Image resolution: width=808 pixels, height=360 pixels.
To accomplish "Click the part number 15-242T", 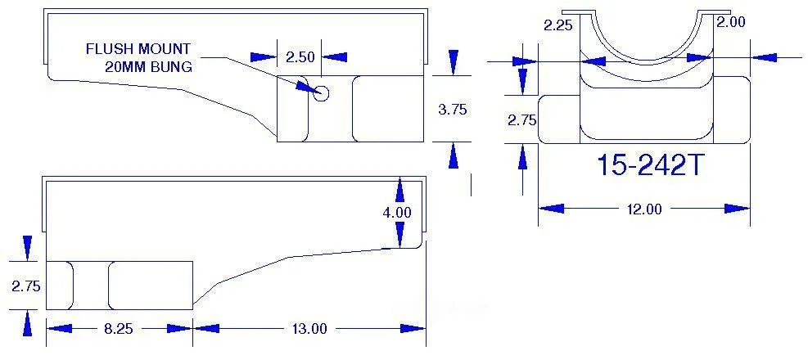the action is [650, 165].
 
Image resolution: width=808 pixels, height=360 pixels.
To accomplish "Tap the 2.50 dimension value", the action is [300, 56].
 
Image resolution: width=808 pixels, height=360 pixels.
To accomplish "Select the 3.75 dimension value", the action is [453, 109].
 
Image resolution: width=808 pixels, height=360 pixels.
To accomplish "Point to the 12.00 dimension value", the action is [643, 209].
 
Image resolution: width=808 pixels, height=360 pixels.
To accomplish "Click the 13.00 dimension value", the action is [310, 329].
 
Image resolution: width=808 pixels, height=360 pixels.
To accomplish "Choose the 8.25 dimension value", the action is [119, 329].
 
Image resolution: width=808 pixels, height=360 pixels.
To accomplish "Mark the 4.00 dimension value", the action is [397, 212].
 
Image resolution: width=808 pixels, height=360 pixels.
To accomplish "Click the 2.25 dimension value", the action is [558, 25].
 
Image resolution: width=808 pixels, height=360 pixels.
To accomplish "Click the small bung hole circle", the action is [322, 93].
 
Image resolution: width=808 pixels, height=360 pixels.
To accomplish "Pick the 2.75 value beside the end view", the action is [522, 120].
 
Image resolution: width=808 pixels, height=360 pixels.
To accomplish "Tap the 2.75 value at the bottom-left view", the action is [25, 286].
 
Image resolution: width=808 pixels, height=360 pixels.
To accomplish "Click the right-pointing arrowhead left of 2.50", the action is [264, 56].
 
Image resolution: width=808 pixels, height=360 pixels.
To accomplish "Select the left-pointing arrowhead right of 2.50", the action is [335, 56].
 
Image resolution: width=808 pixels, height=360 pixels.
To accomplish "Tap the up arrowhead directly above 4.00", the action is [399, 190].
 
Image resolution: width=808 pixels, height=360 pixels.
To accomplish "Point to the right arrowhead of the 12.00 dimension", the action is [738, 209].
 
